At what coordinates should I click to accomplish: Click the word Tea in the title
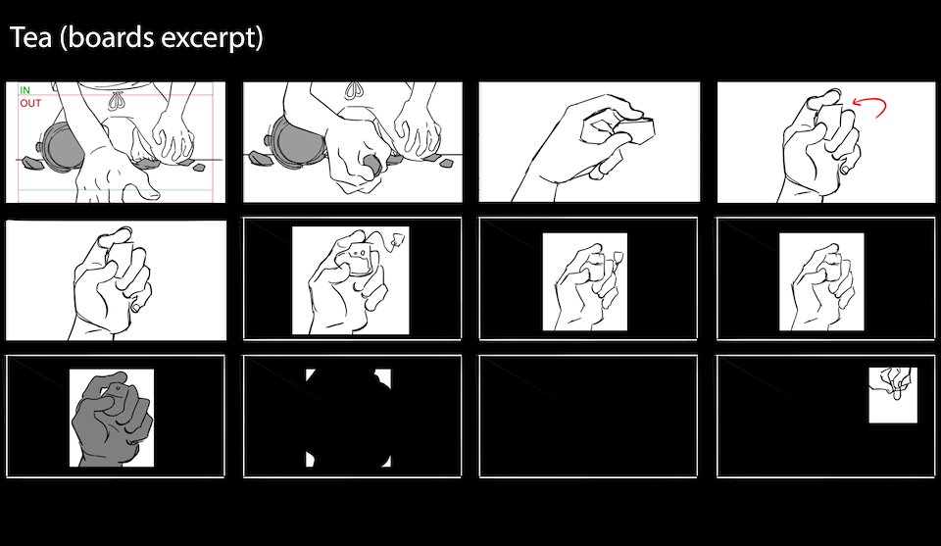coord(31,38)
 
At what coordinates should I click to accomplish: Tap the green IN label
coord(25,90)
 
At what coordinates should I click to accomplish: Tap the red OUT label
coord(30,103)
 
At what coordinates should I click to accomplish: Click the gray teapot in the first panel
coord(60,145)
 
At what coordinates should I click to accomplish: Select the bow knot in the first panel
coord(114,98)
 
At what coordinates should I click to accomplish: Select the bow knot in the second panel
coord(354,90)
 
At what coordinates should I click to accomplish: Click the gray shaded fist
coord(112,419)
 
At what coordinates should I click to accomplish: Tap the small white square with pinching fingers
coord(893,395)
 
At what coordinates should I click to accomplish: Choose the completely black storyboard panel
coord(588,417)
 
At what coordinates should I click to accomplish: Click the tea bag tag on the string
coord(397,240)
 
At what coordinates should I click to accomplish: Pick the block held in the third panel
coord(634,129)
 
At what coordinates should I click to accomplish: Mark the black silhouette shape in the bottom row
coord(349,418)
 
